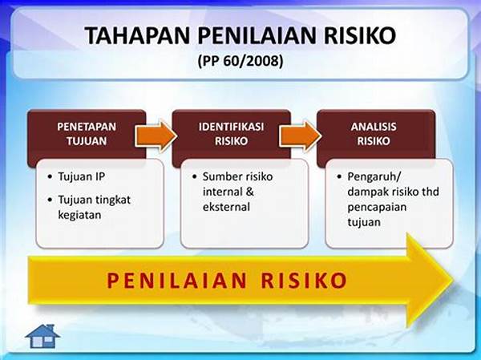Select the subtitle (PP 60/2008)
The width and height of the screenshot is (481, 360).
[240, 61]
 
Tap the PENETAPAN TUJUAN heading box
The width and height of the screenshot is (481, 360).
[87, 134]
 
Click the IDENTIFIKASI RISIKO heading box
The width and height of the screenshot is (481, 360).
[232, 134]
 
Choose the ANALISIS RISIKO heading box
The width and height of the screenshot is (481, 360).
[376, 134]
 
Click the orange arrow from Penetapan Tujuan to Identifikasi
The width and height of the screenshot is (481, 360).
[156, 136]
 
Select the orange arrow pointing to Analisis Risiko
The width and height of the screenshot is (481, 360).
[300, 136]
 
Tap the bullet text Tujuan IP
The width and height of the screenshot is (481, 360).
[81, 176]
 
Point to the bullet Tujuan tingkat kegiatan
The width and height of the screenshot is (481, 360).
[94, 208]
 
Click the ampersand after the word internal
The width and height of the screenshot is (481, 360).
[249, 192]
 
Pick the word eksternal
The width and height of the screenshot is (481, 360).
[226, 207]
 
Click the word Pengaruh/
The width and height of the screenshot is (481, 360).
[374, 177]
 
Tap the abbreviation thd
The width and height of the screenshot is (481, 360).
[430, 192]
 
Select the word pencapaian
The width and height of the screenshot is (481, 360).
[377, 208]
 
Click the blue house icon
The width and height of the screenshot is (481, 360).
[42, 336]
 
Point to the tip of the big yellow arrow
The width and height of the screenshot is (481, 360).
[454, 280]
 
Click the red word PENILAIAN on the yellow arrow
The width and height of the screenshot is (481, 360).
[176, 280]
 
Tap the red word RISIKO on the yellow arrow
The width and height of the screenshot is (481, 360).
[305, 280]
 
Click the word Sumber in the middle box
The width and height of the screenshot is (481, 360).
[219, 176]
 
